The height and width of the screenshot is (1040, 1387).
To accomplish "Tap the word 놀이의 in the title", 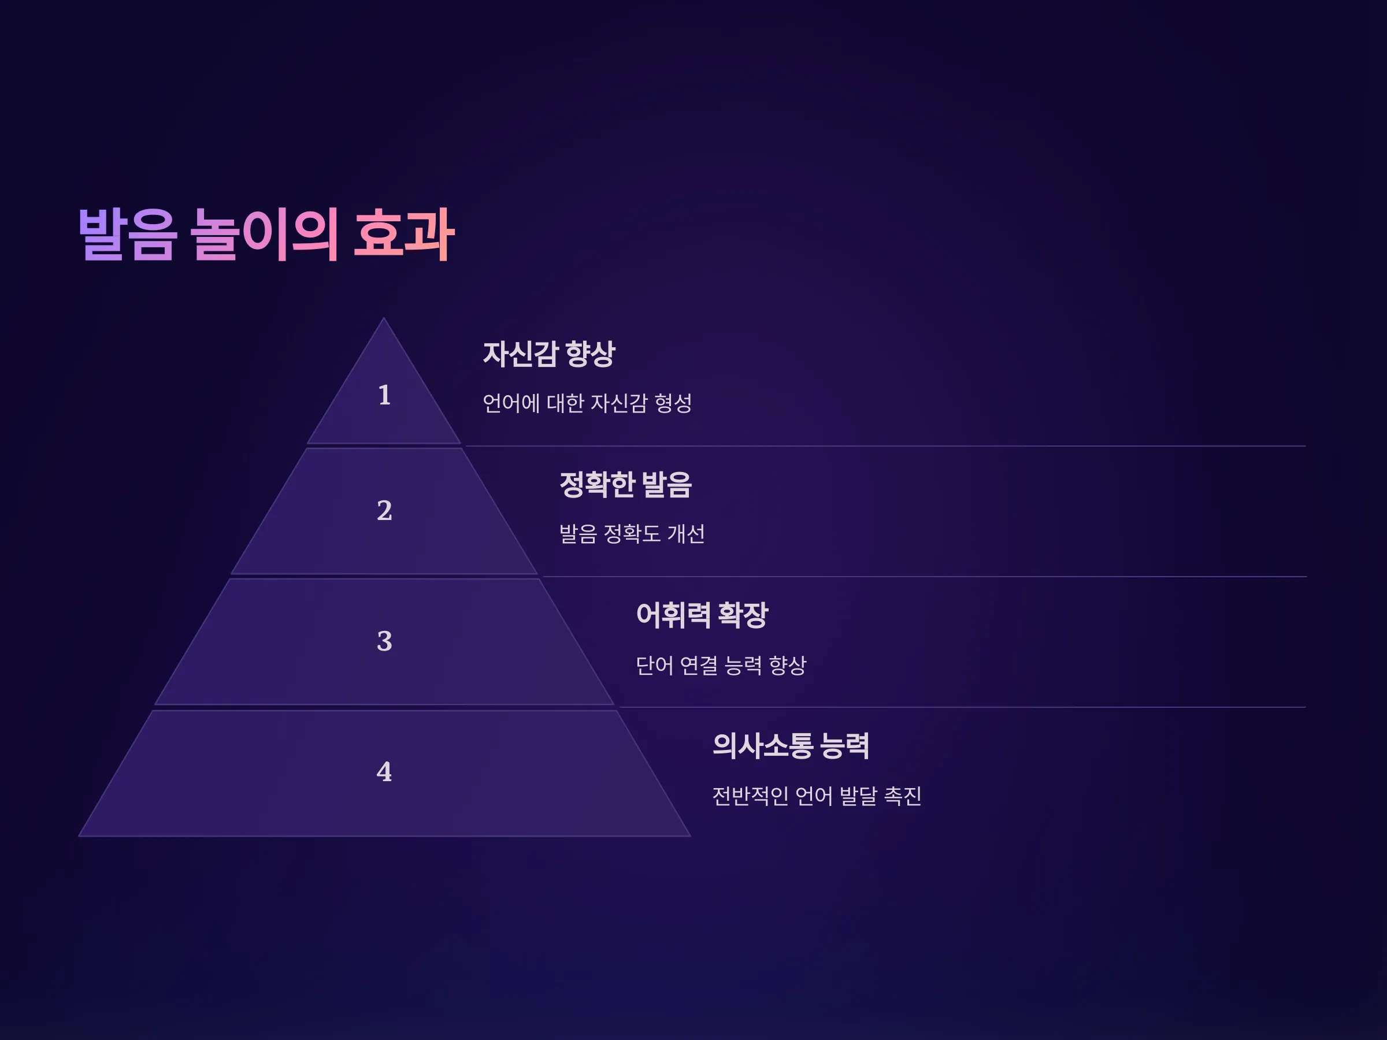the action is point(265,234).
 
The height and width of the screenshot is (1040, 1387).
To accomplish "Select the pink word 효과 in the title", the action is point(404,234).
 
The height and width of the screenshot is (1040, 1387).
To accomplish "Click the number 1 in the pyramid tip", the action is point(384,396).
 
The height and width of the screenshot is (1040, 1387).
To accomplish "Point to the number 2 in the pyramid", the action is point(384,510).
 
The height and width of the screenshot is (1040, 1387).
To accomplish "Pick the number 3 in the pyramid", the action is point(384,641).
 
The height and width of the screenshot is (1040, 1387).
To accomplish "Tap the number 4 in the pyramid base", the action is point(384,772).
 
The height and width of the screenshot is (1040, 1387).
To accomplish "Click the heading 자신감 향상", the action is point(549,354).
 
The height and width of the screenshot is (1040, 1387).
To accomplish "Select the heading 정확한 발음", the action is point(625,485).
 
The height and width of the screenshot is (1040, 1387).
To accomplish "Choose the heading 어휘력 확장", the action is point(702,615).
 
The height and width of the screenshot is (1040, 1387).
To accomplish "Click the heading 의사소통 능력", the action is point(791,746).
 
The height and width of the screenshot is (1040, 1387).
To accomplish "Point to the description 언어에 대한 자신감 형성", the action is point(587,403).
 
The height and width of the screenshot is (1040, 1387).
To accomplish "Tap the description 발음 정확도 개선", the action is point(632,534).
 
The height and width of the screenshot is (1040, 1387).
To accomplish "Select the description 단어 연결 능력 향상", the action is point(721,665).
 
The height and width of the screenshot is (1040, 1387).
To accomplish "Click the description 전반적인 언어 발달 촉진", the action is point(817,796).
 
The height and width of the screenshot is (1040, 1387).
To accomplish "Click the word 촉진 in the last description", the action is point(903,796).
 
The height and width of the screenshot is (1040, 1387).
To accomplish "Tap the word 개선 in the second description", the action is point(687,534).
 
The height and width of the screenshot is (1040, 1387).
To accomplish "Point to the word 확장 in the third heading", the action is point(743,615).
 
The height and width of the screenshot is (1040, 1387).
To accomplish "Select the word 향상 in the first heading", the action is point(591,354).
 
